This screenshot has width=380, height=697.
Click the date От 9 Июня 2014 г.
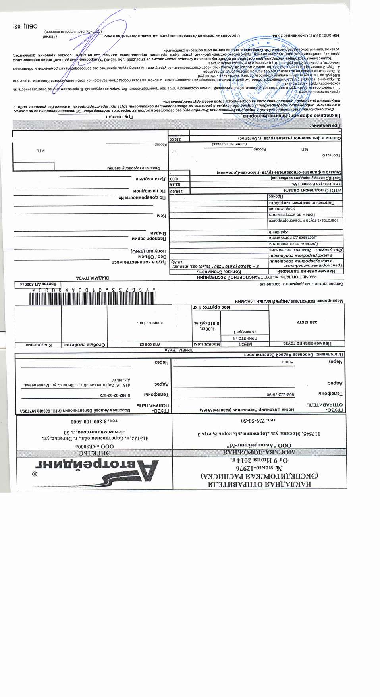coord(260,460)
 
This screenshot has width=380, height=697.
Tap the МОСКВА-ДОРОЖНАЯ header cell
coord(259,452)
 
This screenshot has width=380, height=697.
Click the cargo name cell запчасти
coord(307,322)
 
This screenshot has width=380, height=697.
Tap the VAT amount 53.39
coord(175,184)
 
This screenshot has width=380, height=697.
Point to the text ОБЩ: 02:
coord(25,26)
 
